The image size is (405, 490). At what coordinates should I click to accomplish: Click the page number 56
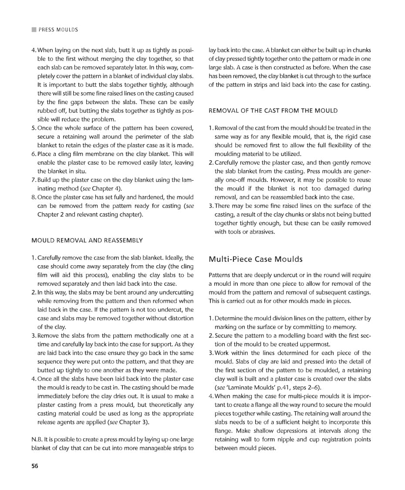click(x=35, y=466)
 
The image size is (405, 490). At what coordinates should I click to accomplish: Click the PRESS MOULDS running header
click(x=58, y=30)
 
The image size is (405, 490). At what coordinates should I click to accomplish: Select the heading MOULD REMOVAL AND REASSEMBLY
click(x=88, y=240)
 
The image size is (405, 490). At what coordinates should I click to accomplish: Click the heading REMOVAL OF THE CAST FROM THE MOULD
click(x=273, y=111)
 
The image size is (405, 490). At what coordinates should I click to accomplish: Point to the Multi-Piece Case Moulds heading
click(x=256, y=259)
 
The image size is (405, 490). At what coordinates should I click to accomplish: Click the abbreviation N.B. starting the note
click(x=37, y=439)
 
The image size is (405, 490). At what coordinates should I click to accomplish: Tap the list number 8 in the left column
click(x=34, y=197)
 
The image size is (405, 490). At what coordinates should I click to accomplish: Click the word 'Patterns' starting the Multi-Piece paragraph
click(x=220, y=275)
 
